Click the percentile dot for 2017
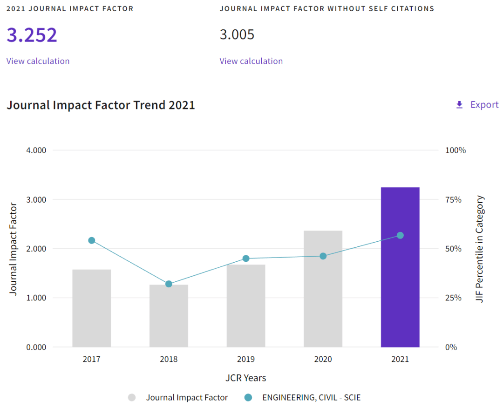92,240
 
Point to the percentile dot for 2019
246,258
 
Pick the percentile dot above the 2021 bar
400,235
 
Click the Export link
484,105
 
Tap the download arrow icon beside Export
459,105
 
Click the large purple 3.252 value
32,35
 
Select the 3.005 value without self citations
237,35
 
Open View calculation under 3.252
38,61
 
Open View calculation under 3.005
251,61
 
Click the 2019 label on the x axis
246,359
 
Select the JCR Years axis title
246,378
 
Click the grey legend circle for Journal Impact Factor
132,397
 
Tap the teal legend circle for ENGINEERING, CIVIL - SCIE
248,397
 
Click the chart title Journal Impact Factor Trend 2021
101,105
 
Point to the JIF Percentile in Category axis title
480,249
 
